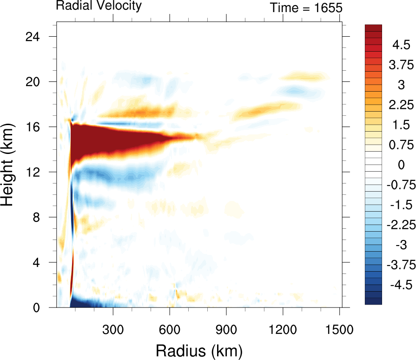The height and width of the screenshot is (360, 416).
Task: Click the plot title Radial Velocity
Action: click(x=99, y=6)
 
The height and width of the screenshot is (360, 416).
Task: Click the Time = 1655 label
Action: click(x=306, y=7)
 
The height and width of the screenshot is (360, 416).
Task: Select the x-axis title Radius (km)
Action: click(x=199, y=349)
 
